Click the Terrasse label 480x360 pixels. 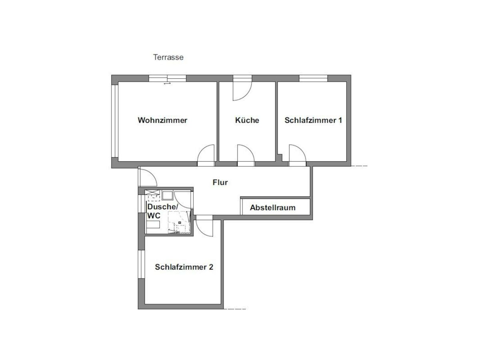pos(168,57)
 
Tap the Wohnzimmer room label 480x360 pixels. pos(162,120)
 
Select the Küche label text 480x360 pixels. pos(247,120)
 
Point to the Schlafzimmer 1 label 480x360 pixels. pos(313,120)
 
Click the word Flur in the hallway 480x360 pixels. pos(220,182)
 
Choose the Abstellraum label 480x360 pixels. pos(273,208)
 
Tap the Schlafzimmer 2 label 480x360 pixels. pos(184,267)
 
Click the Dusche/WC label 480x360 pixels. pos(163,211)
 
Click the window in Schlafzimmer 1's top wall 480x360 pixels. pos(313,78)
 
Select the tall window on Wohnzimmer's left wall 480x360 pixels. pos(114,121)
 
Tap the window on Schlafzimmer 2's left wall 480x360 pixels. pos(141,264)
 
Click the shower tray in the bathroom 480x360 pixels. pos(179,222)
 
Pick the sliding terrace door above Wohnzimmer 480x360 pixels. pos(168,78)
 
